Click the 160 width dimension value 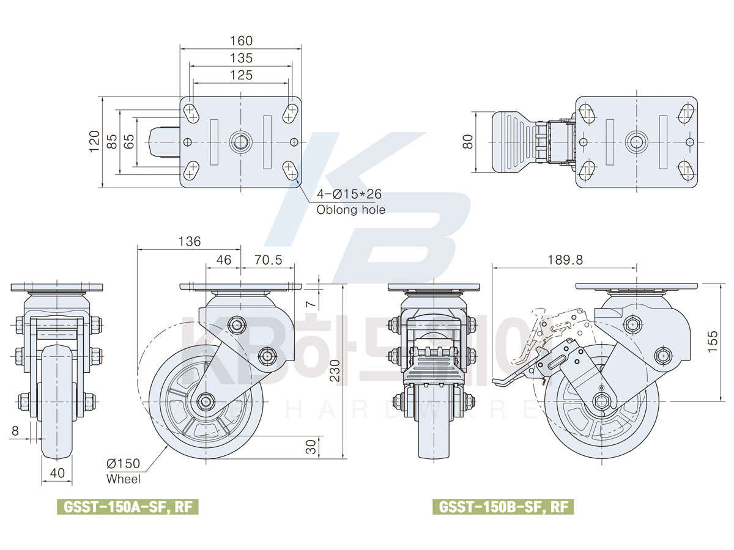[241, 40]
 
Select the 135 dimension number [241, 58]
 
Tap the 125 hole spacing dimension [241, 75]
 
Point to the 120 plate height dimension [94, 141]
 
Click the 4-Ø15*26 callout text [349, 194]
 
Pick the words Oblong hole [350, 210]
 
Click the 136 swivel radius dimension [189, 241]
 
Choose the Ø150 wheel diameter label [124, 463]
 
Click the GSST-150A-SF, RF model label [128, 507]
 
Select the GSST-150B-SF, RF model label [503, 507]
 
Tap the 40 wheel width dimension [57, 473]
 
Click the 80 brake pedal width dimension [467, 142]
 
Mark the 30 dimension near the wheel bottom [312, 447]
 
